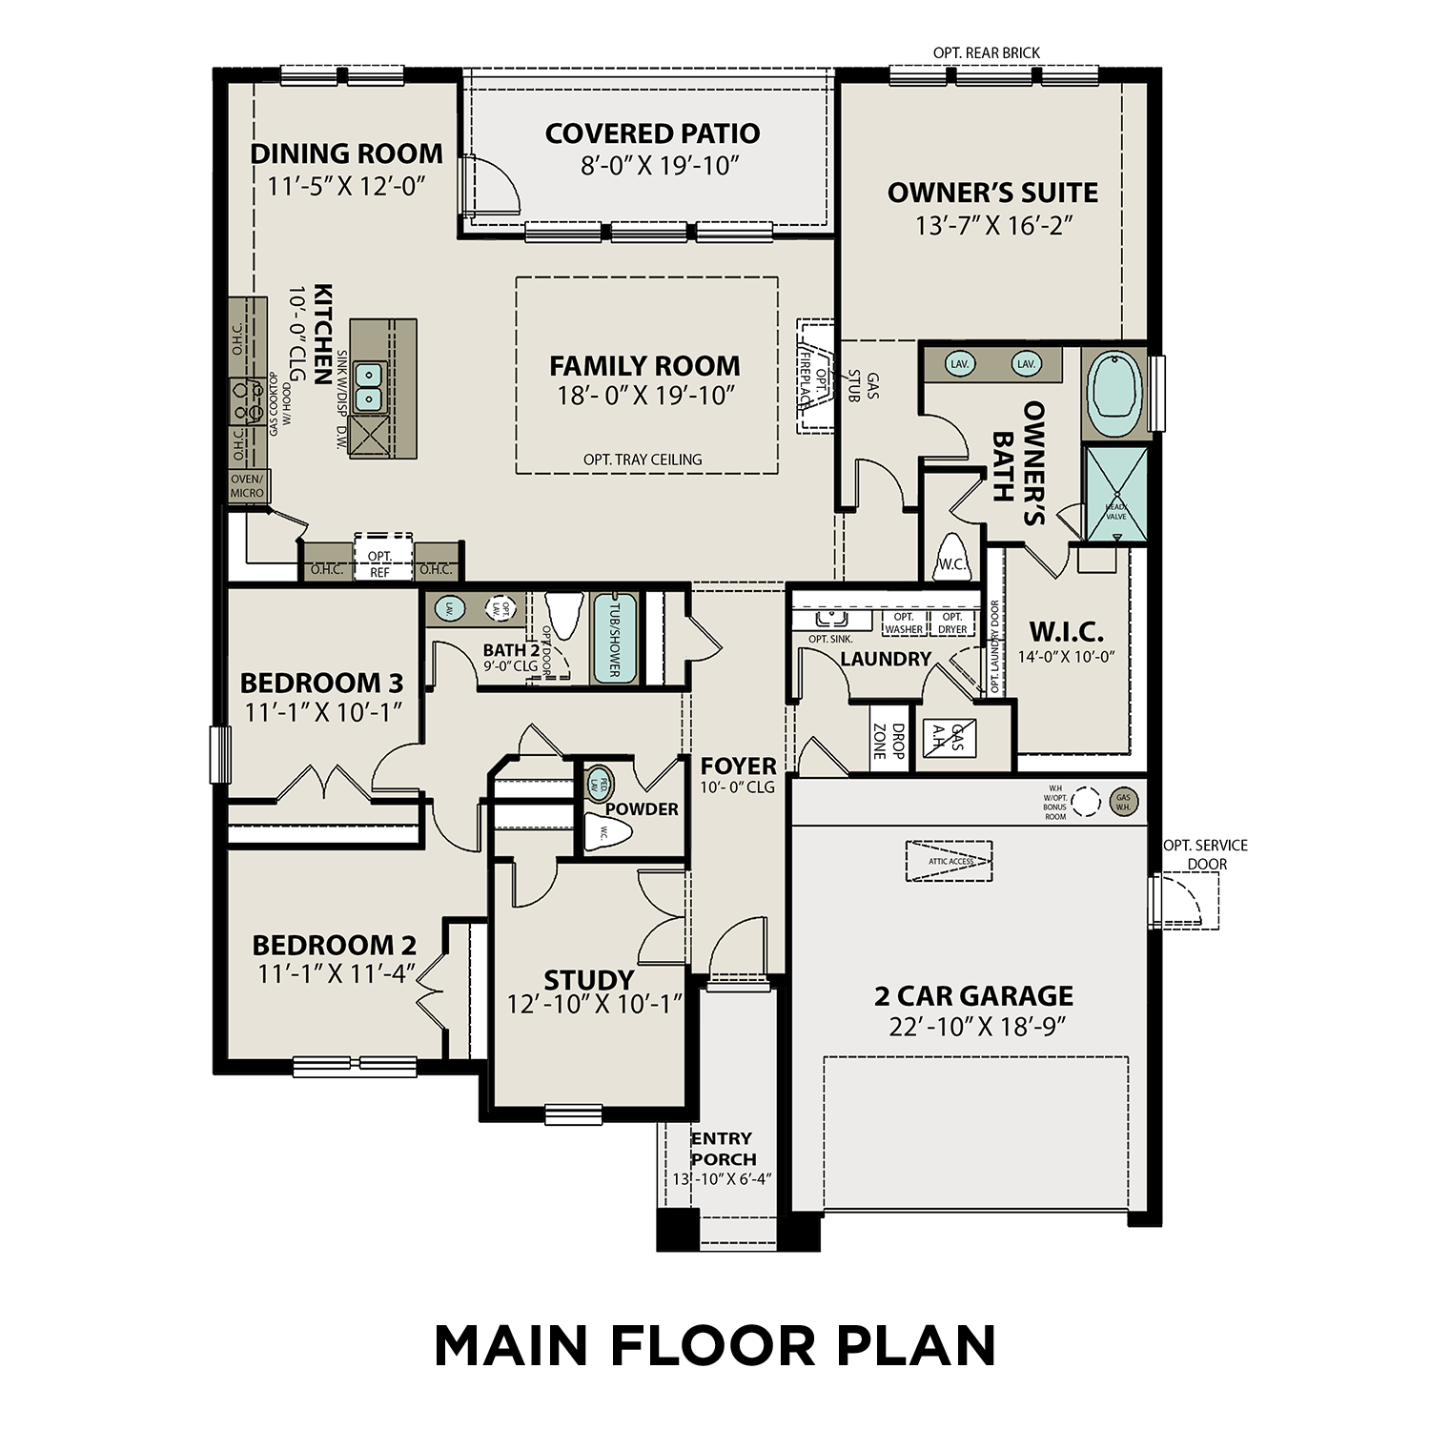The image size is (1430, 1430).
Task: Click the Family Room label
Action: point(644,366)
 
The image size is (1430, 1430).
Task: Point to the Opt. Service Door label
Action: point(1205,854)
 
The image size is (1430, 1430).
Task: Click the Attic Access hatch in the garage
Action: point(950,861)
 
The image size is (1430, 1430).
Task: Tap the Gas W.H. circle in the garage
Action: point(1123,802)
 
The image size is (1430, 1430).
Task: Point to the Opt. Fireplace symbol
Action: point(812,377)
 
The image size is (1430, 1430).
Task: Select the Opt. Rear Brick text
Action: point(987,52)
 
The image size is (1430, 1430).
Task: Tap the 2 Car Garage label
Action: point(973,996)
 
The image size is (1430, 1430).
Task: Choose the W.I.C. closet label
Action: point(1066,632)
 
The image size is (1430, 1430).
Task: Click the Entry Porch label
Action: point(723,1149)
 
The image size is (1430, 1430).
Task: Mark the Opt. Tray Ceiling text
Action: point(643,460)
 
